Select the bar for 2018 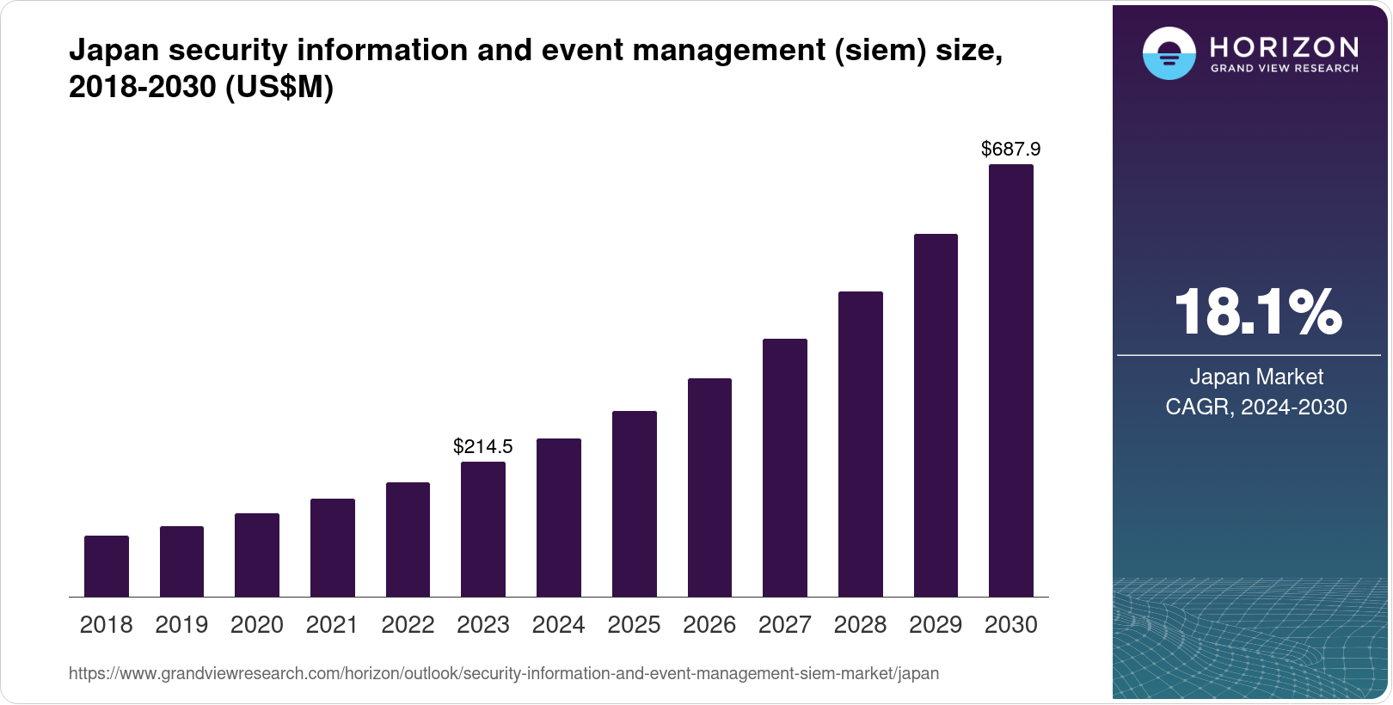click(107, 567)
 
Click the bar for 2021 click(333, 548)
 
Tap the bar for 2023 click(483, 530)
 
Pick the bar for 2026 click(709, 487)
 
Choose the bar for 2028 click(861, 444)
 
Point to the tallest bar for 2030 click(1011, 381)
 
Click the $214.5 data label click(483, 446)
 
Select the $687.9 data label click(1011, 150)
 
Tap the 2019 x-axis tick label click(181, 625)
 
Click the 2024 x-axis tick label click(559, 625)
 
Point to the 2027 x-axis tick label click(785, 625)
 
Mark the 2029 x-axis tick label click(936, 625)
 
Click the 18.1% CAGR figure click(1257, 312)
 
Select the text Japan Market click(1256, 377)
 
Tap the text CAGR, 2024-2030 click(1256, 407)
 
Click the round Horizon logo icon click(1169, 53)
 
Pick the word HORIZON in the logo click(1285, 46)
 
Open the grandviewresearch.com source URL click(504, 674)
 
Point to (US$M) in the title click(279, 88)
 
